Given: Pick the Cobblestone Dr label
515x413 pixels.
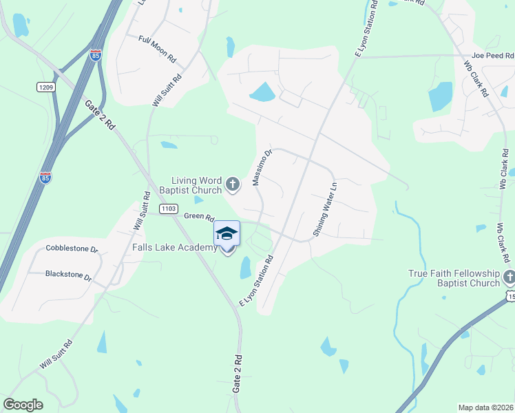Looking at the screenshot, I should [x=72, y=248].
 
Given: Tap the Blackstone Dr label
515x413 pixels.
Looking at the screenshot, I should [x=68, y=275].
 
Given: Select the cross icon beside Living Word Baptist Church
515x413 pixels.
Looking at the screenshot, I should [x=233, y=184].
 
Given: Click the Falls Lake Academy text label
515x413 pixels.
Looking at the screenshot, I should [x=175, y=248].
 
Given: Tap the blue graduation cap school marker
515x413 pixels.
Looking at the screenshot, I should [x=227, y=234].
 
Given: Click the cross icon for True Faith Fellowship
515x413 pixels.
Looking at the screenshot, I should [x=509, y=277].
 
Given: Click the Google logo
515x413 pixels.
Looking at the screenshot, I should [x=23, y=405].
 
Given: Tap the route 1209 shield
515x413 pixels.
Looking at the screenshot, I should [x=46, y=87].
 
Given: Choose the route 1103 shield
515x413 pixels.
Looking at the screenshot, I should [x=167, y=208].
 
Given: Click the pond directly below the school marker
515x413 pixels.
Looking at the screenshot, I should [x=245, y=268].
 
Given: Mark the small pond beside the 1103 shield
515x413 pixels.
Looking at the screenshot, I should [x=198, y=200].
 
